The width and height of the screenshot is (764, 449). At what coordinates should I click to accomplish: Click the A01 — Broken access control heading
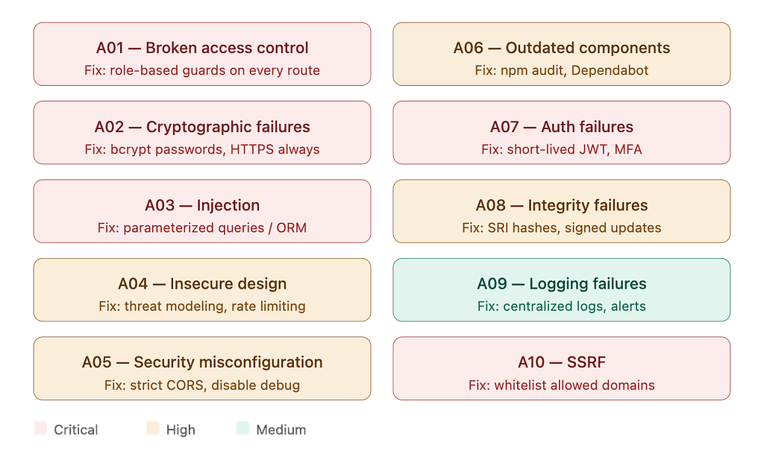(x=202, y=48)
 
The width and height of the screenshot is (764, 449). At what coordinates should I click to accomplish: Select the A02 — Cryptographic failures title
(x=202, y=127)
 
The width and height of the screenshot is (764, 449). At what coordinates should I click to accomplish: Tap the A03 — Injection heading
(x=202, y=205)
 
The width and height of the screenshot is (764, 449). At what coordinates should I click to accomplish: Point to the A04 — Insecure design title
(x=202, y=283)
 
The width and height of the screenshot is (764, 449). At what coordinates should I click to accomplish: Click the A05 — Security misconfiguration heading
(x=202, y=362)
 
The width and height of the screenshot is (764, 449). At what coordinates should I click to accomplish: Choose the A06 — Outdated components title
(x=562, y=48)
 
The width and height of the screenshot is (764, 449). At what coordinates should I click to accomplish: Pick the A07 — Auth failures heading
(x=562, y=127)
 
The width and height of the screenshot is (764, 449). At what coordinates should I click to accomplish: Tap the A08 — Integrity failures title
(x=562, y=205)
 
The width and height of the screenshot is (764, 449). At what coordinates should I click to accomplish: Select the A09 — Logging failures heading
(x=562, y=283)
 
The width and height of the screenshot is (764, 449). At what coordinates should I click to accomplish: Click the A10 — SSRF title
(x=562, y=362)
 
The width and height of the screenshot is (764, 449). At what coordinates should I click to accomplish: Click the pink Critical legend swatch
(x=40, y=428)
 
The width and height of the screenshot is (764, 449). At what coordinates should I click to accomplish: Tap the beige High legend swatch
(x=153, y=428)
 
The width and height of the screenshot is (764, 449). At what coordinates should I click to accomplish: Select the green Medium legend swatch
(x=242, y=428)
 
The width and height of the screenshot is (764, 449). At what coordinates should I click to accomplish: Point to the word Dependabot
(x=610, y=70)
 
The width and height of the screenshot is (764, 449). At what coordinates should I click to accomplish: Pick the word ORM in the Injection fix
(x=292, y=227)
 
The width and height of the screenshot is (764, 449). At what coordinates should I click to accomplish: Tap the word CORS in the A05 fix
(x=185, y=385)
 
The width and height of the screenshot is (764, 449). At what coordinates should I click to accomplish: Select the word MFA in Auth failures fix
(x=628, y=149)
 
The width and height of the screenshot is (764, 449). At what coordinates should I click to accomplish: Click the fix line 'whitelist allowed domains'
(x=574, y=385)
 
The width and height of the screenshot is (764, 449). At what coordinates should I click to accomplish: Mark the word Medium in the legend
(x=281, y=430)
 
